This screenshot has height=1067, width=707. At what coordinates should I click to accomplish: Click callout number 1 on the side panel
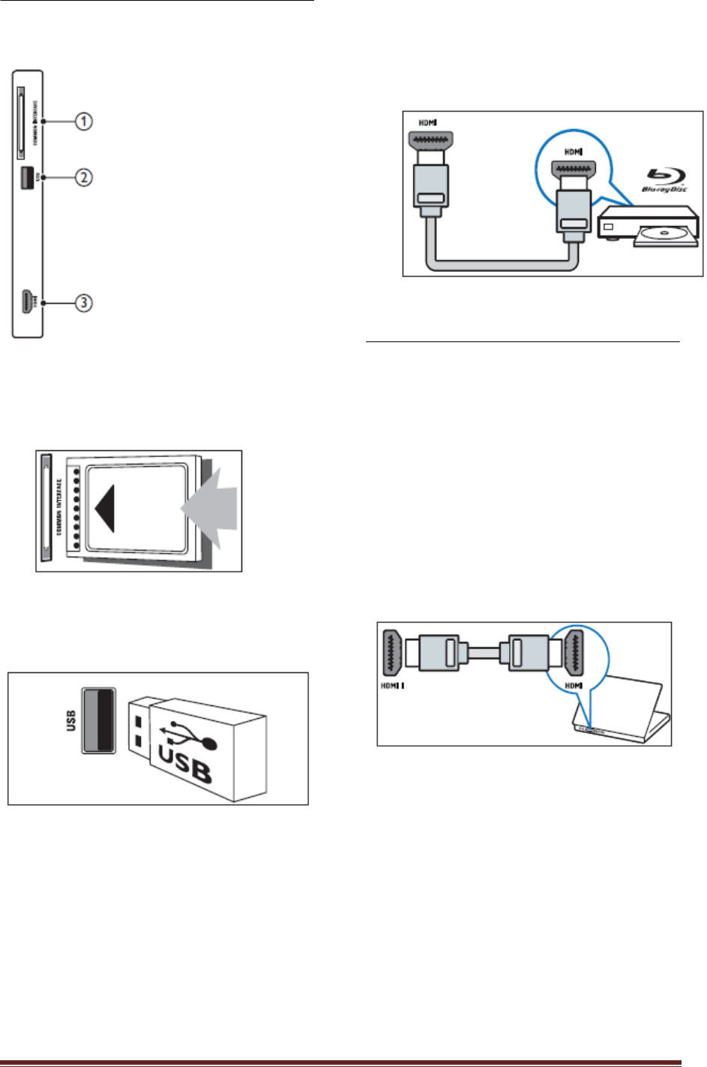click(x=83, y=121)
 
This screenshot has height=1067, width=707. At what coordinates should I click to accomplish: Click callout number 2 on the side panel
click(x=83, y=177)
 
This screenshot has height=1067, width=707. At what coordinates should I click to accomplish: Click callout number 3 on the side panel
click(x=83, y=303)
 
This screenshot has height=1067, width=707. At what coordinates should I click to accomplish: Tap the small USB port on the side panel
click(x=26, y=177)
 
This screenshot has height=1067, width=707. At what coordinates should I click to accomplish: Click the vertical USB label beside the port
click(x=71, y=720)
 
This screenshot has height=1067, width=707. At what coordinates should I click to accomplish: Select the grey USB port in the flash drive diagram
click(x=98, y=720)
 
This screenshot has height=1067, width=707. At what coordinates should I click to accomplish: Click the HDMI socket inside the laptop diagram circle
click(x=575, y=650)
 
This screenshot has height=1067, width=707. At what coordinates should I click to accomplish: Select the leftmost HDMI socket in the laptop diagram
click(x=392, y=651)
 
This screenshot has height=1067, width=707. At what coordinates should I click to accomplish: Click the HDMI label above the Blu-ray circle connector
click(x=574, y=152)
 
